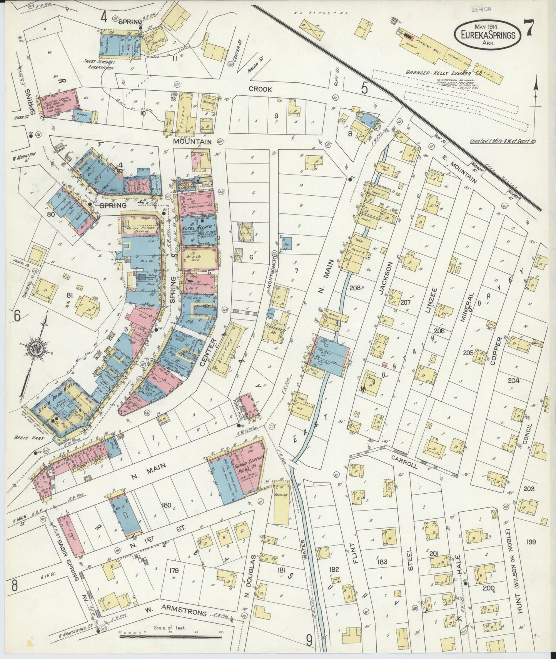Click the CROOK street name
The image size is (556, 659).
(260, 89)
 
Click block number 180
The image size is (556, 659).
(166, 505)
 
